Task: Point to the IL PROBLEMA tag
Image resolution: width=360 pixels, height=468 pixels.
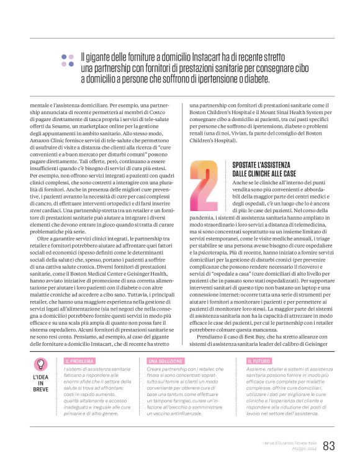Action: pyautogui.click(x=79, y=360)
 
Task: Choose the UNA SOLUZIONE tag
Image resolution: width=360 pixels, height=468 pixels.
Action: pyautogui.click(x=164, y=360)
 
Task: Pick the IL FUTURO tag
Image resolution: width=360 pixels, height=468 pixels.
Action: pyautogui.click(x=258, y=360)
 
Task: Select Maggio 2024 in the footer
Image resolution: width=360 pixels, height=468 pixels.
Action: pyautogui.click(x=304, y=449)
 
